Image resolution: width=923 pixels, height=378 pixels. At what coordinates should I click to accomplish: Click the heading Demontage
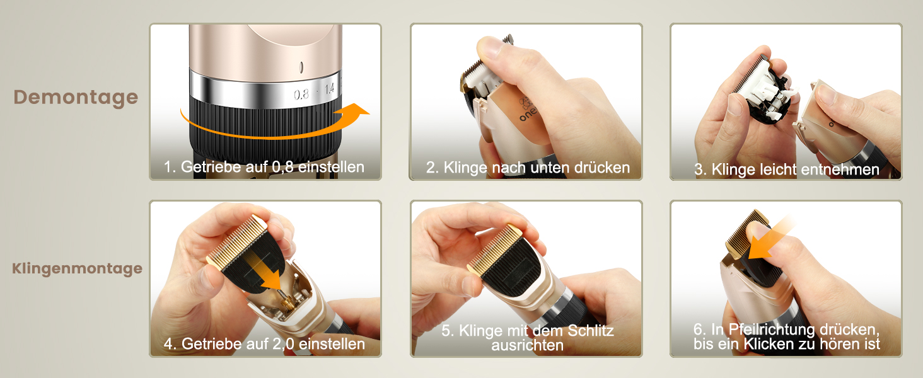[x=76, y=97]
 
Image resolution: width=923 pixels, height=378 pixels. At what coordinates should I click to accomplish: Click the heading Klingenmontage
[x=77, y=268]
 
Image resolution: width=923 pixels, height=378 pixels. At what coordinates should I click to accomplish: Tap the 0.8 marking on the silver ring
[x=301, y=94]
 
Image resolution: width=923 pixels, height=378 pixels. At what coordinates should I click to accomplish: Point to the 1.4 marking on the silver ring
[x=330, y=89]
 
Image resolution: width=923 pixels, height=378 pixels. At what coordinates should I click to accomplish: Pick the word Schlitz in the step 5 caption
[x=591, y=331]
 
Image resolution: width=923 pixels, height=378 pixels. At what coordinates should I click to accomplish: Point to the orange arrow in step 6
[x=769, y=239]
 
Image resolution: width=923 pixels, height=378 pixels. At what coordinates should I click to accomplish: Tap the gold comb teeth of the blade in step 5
[x=494, y=249]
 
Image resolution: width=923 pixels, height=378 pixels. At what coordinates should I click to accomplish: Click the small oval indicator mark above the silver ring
[x=301, y=67]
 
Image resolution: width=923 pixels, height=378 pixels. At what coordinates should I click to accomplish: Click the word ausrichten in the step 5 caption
[x=528, y=345]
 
